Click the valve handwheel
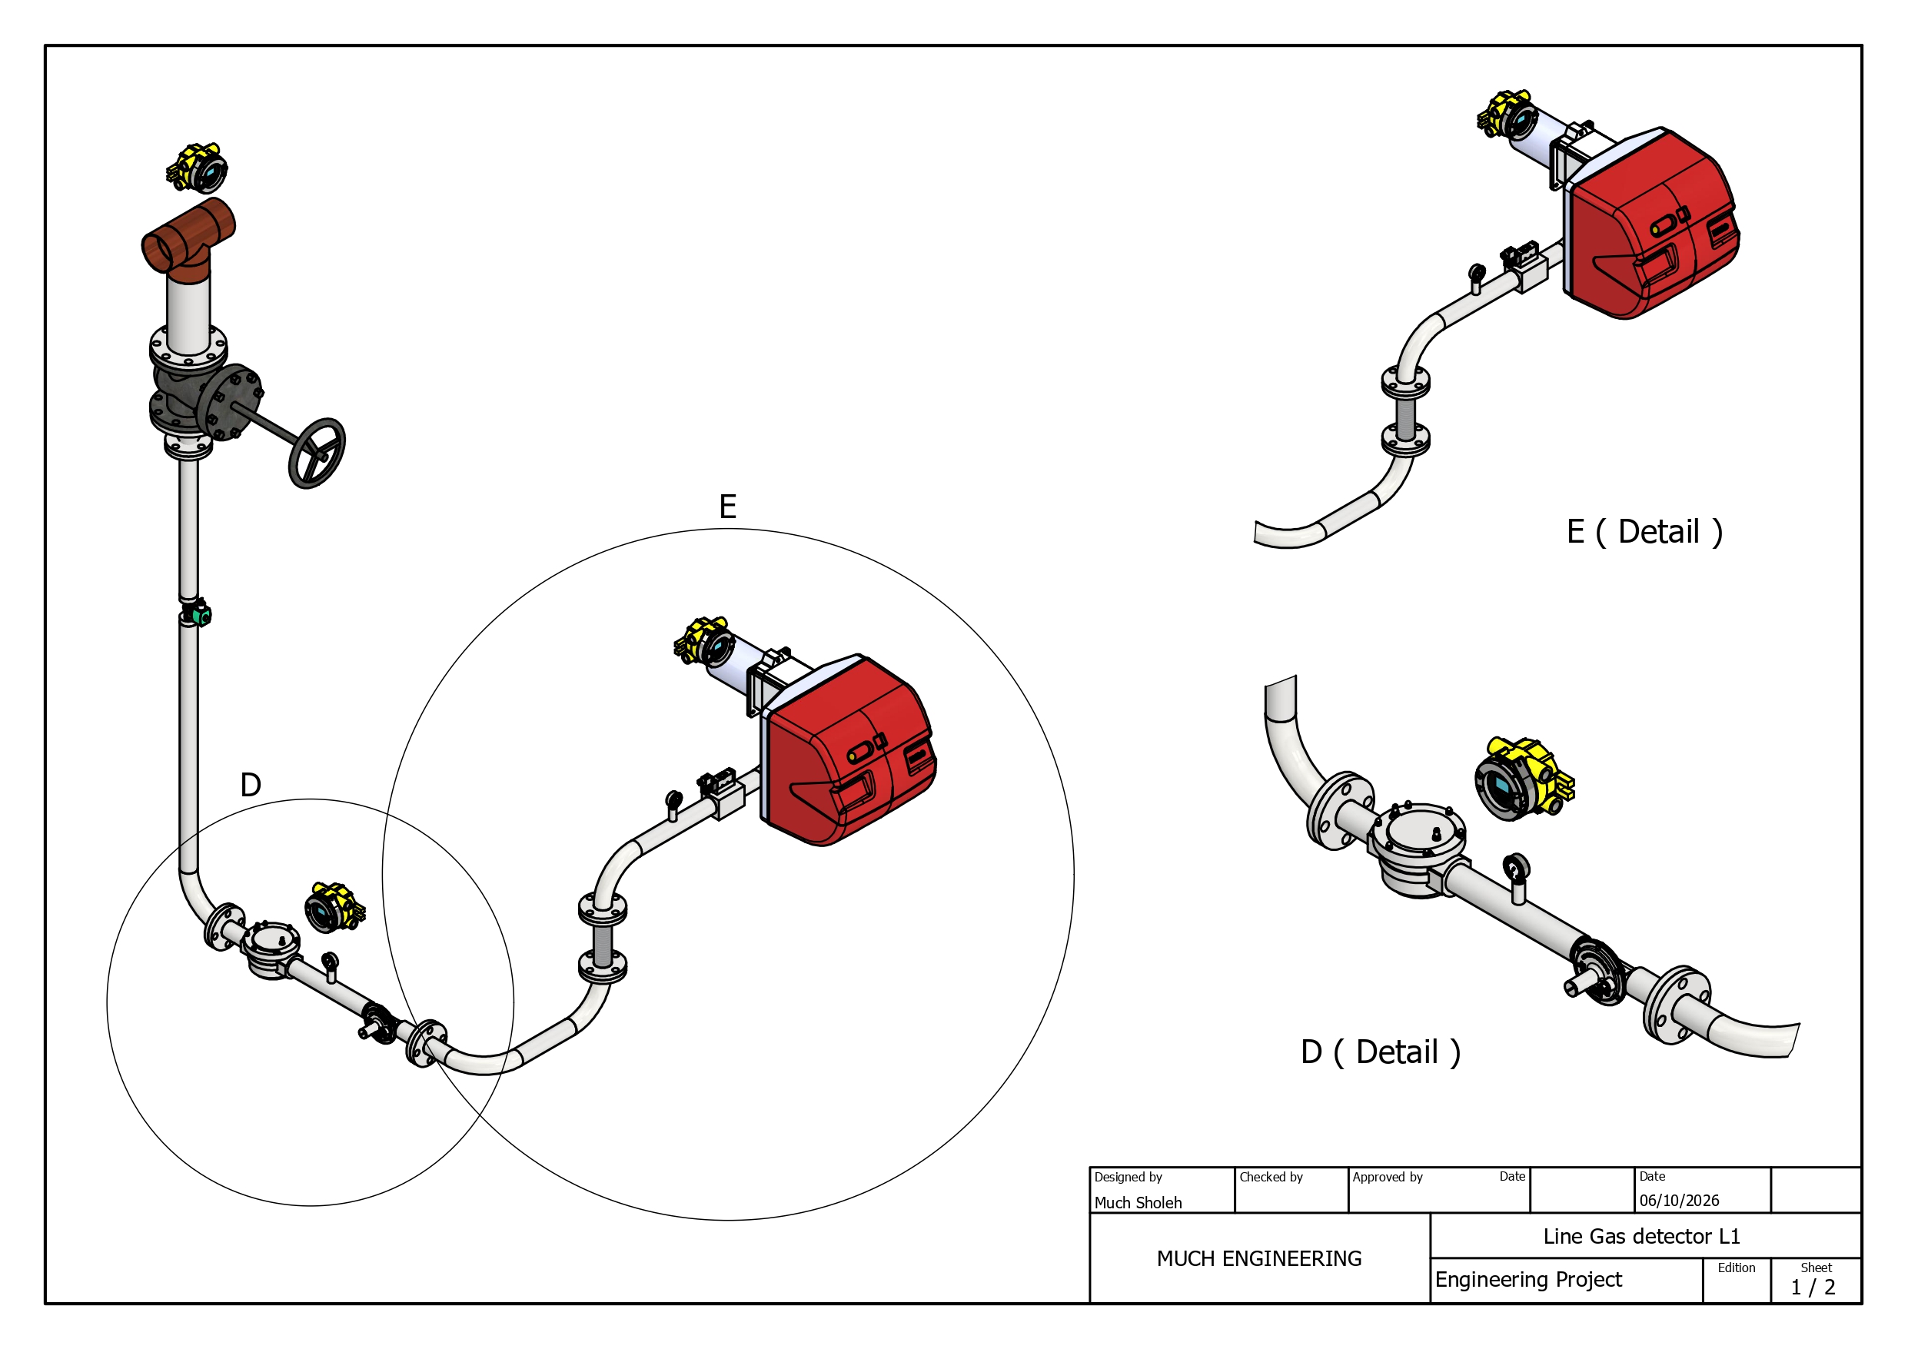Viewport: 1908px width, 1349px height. (x=317, y=453)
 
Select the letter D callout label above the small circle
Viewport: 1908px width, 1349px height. (x=250, y=785)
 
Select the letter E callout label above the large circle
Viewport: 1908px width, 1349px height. (x=728, y=507)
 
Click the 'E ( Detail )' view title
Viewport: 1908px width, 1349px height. (x=1644, y=532)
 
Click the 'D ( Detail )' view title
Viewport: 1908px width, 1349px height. (x=1381, y=1052)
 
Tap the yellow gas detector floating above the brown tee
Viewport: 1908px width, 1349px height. (x=197, y=167)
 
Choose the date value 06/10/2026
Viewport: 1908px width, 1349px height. (x=1680, y=1200)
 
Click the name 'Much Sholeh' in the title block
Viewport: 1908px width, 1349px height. (x=1138, y=1203)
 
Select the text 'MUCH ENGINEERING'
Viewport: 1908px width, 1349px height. (x=1259, y=1258)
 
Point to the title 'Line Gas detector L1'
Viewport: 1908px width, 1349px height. (x=1641, y=1236)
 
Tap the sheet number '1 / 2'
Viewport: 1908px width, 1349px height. (x=1813, y=1288)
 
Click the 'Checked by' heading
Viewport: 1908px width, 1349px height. (x=1271, y=1177)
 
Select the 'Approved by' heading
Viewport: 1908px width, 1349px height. (x=1387, y=1177)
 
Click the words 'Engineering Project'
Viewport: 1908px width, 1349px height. (x=1528, y=1279)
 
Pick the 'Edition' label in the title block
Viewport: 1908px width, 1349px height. (x=1736, y=1268)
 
